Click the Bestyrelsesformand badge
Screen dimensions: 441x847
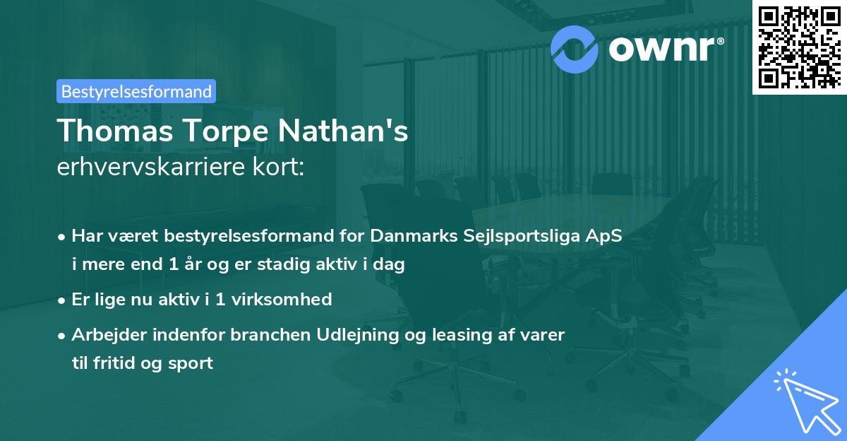point(136,91)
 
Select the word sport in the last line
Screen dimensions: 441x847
point(191,363)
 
